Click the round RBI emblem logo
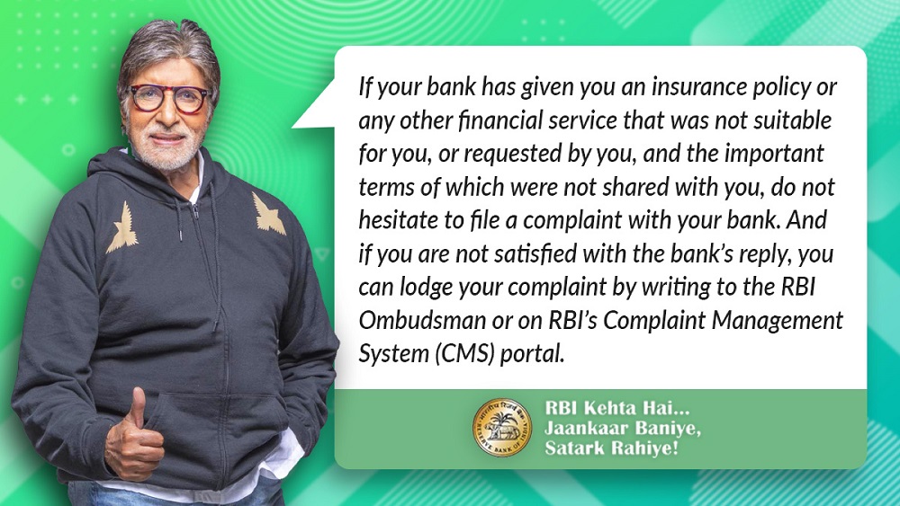click(x=503, y=428)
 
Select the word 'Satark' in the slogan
click(x=571, y=448)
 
